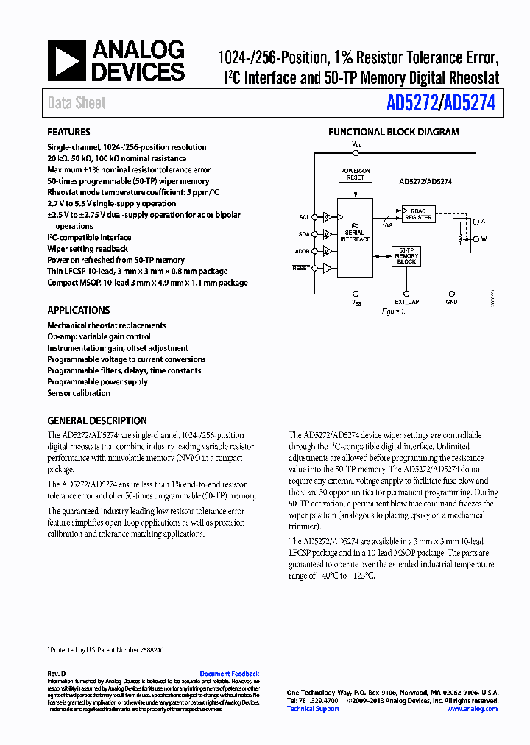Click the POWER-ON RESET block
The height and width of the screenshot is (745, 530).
tap(356, 174)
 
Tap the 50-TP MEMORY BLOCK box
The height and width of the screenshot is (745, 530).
tap(406, 255)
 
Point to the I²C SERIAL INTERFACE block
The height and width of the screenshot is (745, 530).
tap(355, 233)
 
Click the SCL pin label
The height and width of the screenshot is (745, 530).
tap(304, 217)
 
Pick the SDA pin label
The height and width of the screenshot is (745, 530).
tap(304, 234)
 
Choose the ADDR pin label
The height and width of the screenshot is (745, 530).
tap(303, 252)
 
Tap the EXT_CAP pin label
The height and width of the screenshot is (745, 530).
tap(406, 302)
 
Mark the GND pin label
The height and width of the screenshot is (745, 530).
tap(451, 302)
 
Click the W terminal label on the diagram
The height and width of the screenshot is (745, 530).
tap(484, 239)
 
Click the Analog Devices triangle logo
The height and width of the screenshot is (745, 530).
tap(67, 61)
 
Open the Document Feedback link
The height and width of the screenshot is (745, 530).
tap(230, 674)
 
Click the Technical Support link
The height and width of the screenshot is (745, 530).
tap(313, 709)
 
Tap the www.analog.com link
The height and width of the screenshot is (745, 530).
tap(472, 709)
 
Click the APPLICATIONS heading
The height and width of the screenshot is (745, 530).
tap(79, 311)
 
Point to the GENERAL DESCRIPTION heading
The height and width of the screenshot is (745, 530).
tap(97, 421)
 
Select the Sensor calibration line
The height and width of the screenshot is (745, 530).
tap(79, 393)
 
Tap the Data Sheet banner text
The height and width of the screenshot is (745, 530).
tap(77, 104)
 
